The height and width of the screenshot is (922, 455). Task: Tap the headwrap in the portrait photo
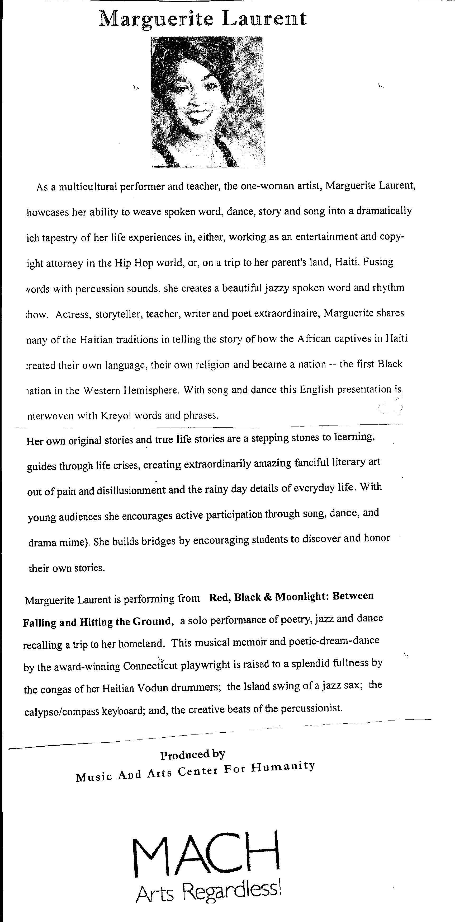coord(193,54)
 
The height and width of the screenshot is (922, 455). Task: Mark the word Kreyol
coord(118,416)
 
